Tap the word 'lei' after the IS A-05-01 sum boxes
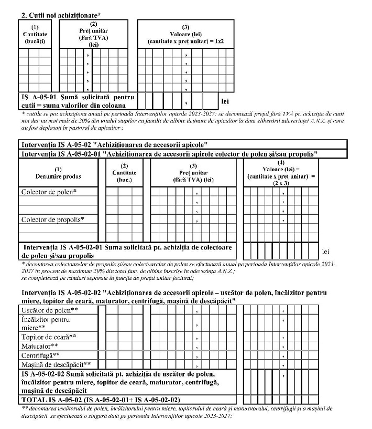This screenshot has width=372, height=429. tap(225, 101)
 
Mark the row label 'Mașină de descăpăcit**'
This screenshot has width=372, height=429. tap(56, 364)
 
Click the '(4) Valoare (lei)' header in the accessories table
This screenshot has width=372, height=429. tap(281, 173)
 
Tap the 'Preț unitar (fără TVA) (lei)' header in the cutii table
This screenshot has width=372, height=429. tap(93, 34)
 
